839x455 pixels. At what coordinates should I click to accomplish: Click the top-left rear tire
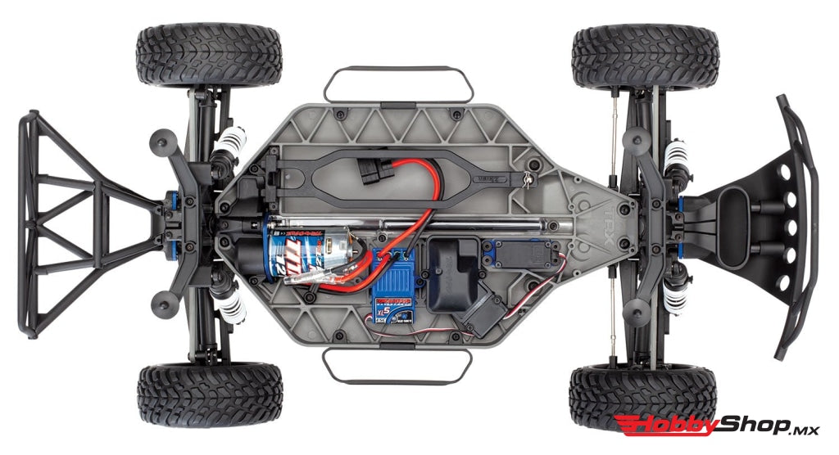pyautogui.click(x=209, y=56)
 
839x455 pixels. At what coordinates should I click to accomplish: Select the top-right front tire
pyautogui.click(x=645, y=56)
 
